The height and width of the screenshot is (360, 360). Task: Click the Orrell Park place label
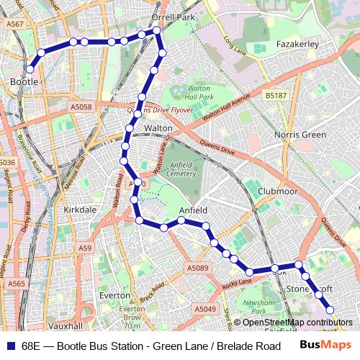(173, 17)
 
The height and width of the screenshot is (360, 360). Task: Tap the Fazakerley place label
(297, 44)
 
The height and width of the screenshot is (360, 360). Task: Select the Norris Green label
(300, 135)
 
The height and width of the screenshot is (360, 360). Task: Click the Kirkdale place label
(80, 210)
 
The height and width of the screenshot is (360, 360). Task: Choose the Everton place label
(114, 295)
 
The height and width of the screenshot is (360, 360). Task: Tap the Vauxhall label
(66, 325)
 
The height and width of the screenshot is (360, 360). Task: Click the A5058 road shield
(81, 107)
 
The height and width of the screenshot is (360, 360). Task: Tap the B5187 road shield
(275, 94)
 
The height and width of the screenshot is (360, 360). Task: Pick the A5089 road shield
(197, 268)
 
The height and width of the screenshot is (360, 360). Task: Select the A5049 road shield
(204, 308)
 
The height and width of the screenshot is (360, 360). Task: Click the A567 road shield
(14, 24)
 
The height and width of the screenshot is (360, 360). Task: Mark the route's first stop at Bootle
(30, 69)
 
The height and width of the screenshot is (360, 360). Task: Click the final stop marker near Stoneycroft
(330, 310)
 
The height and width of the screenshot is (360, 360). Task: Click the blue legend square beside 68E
(10, 346)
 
